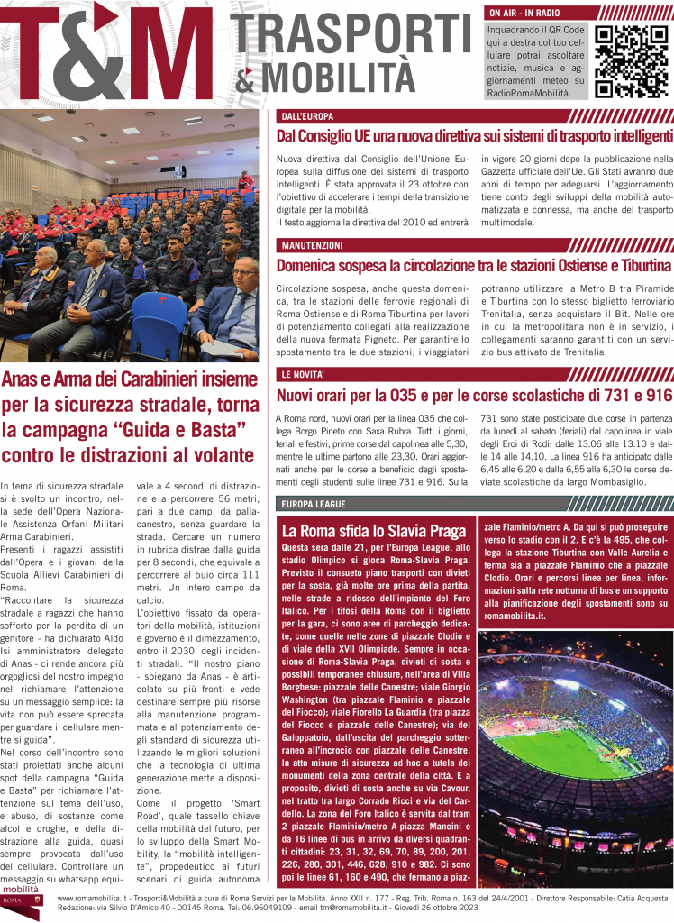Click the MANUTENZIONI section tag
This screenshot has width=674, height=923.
point(312,245)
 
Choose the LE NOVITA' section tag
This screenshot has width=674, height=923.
point(305,374)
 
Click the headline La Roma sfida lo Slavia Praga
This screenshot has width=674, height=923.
point(373,530)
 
